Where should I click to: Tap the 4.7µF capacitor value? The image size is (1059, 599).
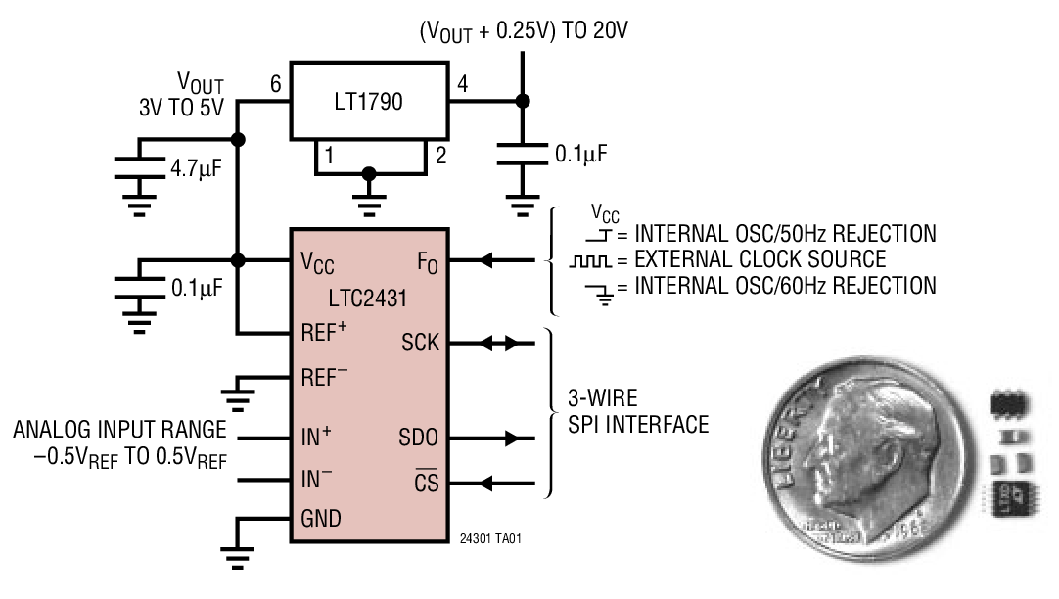pos(196,168)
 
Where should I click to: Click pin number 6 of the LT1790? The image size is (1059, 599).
pos(276,85)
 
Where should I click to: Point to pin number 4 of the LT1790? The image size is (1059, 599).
pos(462,85)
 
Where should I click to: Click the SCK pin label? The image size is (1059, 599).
pos(420,344)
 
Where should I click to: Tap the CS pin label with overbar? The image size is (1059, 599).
pos(426,483)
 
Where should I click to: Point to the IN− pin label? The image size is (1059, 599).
pos(316,479)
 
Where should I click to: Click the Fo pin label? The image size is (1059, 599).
pos(428,261)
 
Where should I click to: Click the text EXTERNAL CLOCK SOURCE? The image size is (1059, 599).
pos(760,260)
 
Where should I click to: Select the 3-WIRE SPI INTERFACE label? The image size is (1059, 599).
pos(638,412)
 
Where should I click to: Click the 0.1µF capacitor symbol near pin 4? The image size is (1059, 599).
pos(522,153)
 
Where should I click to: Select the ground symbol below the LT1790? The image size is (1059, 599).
pos(368,200)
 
